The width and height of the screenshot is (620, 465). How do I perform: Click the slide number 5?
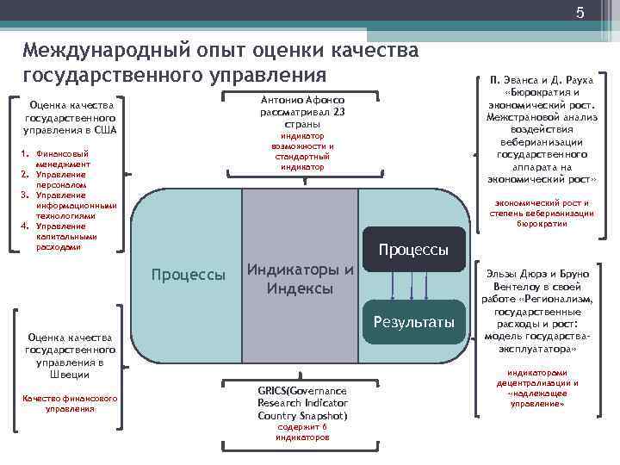tap(580, 12)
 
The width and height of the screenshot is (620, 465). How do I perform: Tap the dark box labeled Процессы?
tap(414, 250)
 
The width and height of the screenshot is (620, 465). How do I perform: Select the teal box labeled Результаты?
tap(414, 322)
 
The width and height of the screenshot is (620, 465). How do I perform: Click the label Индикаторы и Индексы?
tap(300, 279)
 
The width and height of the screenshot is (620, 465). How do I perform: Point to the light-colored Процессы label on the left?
tap(188, 275)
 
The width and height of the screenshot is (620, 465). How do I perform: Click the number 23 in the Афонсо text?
tap(339, 111)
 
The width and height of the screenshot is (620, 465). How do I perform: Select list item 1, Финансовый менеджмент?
tap(62, 159)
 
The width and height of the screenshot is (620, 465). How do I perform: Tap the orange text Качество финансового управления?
tap(71, 403)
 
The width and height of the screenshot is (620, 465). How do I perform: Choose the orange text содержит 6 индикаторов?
tap(301, 431)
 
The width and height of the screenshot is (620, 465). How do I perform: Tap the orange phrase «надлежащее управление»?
tap(536, 398)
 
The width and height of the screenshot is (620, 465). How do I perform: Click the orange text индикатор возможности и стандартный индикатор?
tap(301, 152)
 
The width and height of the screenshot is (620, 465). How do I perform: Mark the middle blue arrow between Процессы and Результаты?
tap(414, 283)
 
